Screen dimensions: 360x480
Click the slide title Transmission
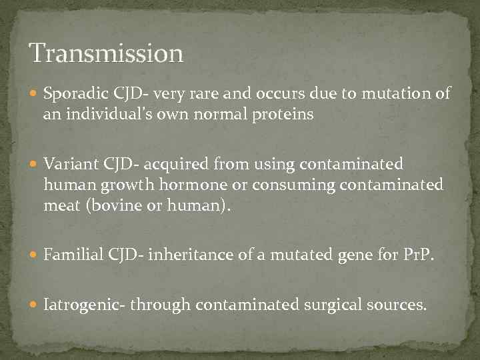(106, 53)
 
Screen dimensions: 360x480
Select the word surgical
(331, 306)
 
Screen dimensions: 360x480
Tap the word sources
(399, 306)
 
